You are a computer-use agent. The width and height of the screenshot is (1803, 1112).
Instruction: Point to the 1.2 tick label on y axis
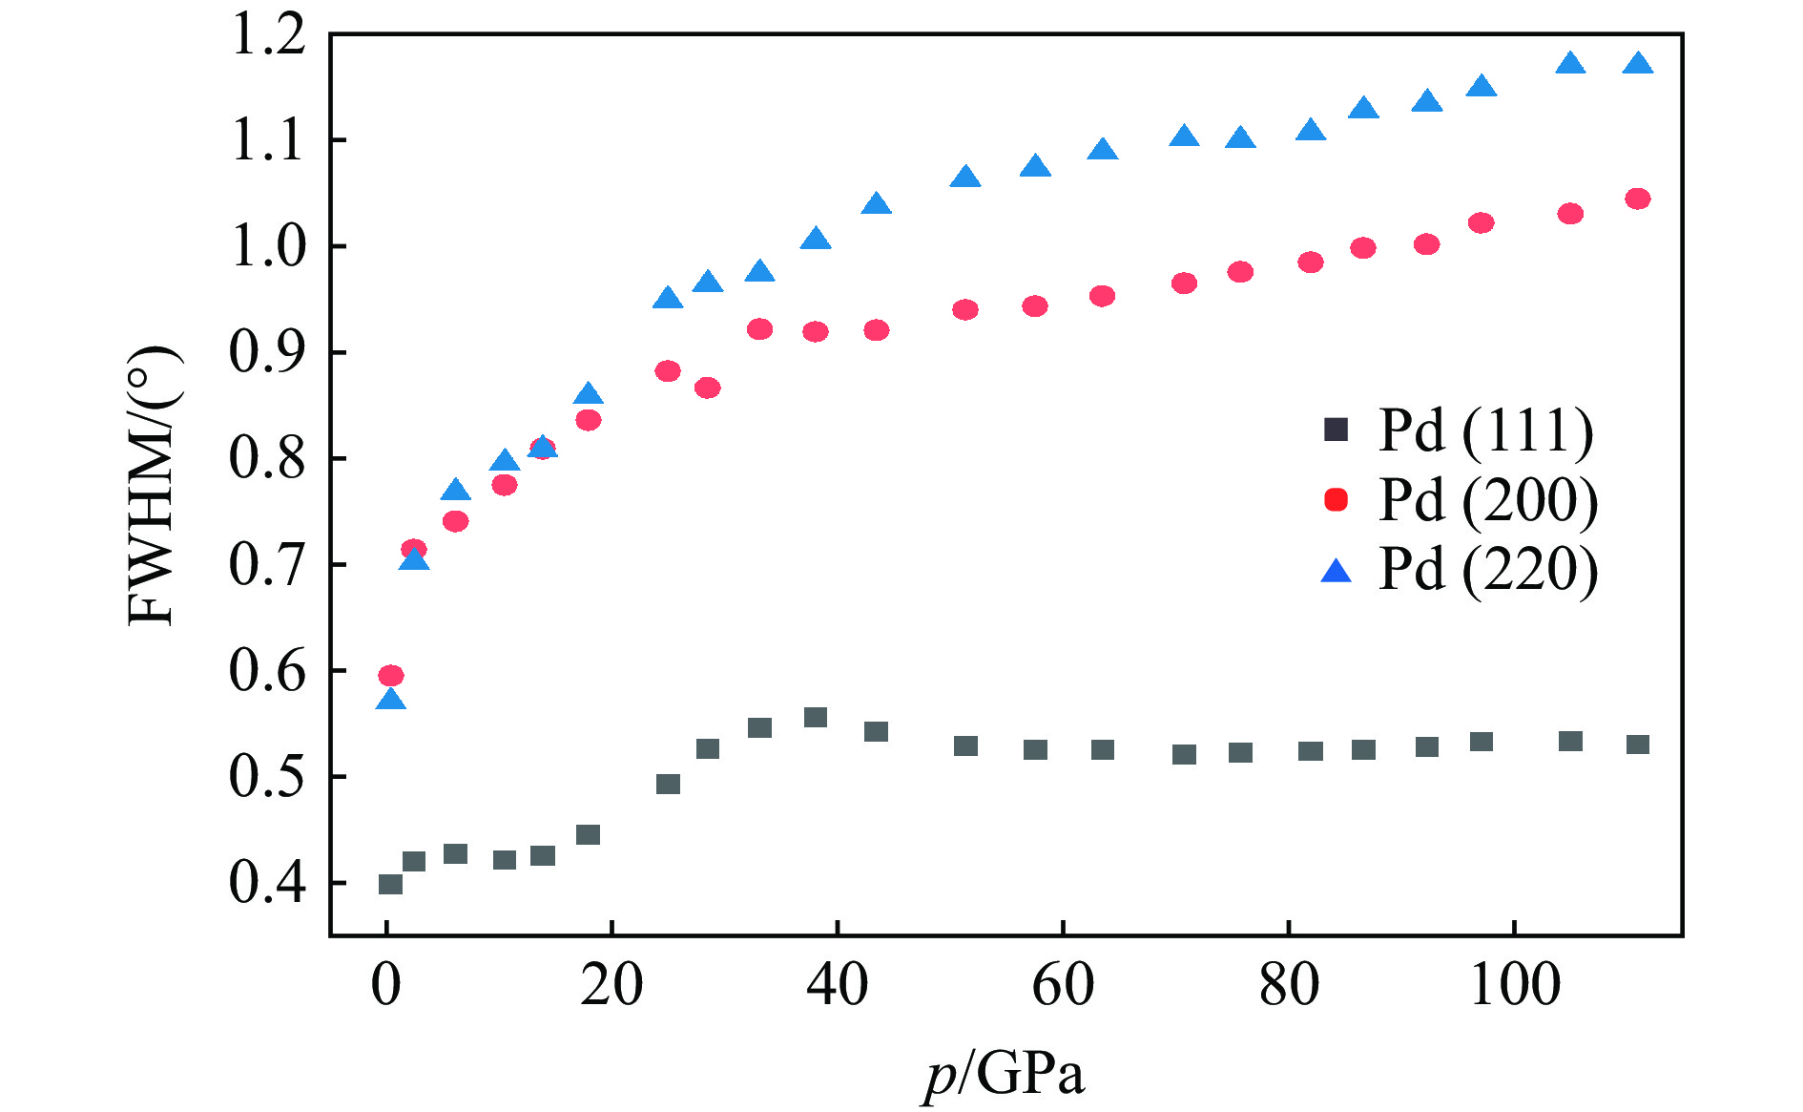coord(268,36)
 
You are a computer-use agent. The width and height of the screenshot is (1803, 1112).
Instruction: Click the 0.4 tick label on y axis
coord(268,883)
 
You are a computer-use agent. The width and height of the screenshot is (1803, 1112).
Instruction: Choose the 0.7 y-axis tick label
coord(268,565)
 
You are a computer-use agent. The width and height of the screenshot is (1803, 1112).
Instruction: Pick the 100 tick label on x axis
coord(1514,985)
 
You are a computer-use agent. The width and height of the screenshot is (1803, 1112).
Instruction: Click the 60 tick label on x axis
coord(1063,985)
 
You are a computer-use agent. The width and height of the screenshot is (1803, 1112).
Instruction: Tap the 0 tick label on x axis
coord(386,985)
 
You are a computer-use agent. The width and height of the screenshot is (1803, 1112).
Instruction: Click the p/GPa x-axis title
coord(1005,1075)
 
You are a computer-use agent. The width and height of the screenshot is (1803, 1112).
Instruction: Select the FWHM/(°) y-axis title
coord(153,485)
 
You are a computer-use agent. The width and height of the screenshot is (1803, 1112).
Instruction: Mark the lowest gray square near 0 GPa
coord(390,884)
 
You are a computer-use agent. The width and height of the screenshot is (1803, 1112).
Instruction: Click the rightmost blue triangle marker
coord(1638,64)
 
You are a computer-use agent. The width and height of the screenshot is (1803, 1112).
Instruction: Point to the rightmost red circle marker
coord(1638,199)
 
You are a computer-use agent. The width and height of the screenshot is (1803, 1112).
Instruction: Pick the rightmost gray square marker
coord(1638,744)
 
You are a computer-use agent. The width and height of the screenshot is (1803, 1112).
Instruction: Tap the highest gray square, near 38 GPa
coord(816,717)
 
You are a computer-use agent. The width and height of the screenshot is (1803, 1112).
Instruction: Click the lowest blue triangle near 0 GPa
coord(391,700)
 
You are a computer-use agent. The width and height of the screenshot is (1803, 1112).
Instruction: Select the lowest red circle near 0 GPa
coord(391,676)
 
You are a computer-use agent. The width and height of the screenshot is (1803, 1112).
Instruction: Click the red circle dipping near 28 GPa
coord(708,388)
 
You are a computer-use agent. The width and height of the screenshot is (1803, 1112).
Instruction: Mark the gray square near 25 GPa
coord(668,784)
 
